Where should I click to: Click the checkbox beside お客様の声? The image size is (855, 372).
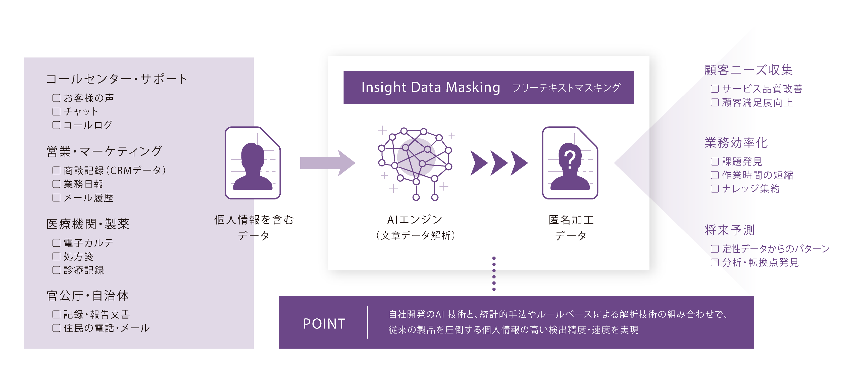coord(56,98)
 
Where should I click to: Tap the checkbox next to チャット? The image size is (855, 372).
coord(56,112)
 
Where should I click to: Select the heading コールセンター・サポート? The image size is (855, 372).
coord(117,79)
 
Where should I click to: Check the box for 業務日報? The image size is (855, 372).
coord(56,184)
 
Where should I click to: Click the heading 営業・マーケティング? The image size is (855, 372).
coord(104,151)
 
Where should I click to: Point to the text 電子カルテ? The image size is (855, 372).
coord(88,243)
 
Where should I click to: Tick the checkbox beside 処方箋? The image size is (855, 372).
coord(56,256)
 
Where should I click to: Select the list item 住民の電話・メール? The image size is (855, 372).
coord(106,328)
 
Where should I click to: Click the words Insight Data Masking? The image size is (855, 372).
coord(430,87)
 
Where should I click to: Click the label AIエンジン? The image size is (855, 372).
coord(415,220)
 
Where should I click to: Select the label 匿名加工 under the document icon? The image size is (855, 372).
coord(571,220)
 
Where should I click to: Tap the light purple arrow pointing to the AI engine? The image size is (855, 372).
coord(324,163)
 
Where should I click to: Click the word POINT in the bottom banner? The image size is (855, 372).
coord(324,324)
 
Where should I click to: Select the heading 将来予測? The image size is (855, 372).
coord(730,230)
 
